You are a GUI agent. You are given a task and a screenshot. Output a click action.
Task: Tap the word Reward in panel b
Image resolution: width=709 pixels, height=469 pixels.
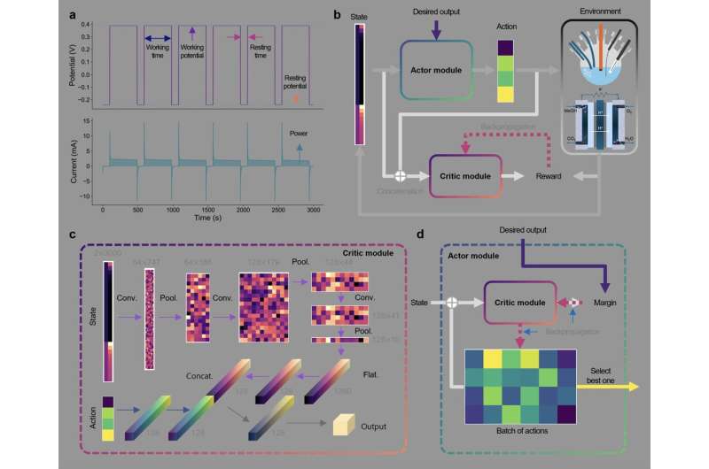[x=550, y=177]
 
